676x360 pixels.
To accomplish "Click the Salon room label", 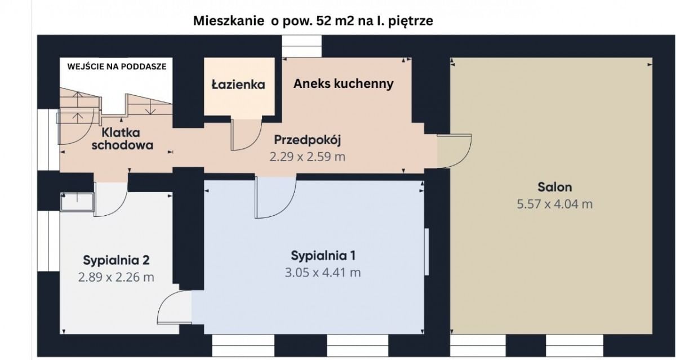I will (554, 188).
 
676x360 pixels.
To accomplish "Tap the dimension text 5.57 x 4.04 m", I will (554, 204).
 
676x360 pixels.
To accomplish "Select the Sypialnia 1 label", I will (323, 256).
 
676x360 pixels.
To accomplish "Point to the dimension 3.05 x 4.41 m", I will (323, 273).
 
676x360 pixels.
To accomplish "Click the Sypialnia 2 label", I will (116, 260).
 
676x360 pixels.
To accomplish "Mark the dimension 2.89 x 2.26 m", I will (116, 277).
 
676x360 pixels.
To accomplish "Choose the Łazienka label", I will (238, 85).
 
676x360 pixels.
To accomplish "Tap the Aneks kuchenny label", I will (343, 84).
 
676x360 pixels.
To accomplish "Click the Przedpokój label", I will (308, 140).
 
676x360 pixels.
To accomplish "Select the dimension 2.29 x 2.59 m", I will (308, 157).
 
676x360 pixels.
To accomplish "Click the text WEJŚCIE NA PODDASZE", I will (117, 66).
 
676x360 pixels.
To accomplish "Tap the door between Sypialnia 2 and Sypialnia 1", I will (174, 309).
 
